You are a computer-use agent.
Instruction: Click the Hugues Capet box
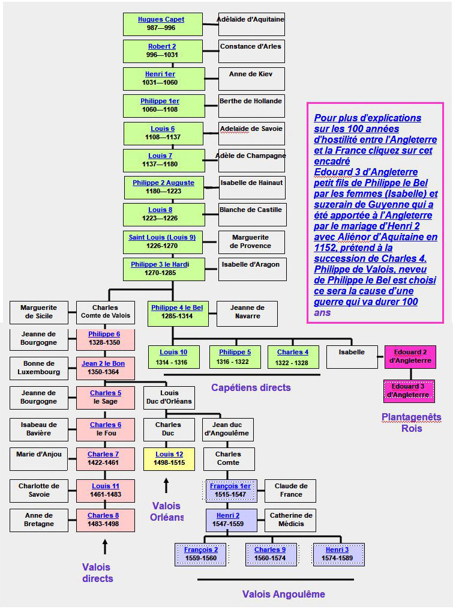tap(161, 24)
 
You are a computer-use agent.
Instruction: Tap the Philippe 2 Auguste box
tap(163, 187)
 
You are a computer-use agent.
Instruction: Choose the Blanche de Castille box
tap(251, 214)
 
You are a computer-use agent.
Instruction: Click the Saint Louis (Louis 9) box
tap(162, 241)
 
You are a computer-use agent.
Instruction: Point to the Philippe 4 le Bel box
tap(177, 312)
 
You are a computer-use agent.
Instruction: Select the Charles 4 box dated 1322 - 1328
tap(293, 357)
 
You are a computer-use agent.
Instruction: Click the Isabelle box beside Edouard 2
tap(352, 357)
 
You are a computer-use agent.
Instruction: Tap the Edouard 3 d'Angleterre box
tap(409, 391)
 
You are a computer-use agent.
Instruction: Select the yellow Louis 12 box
tap(169, 459)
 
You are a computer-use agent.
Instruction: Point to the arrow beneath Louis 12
tap(166, 485)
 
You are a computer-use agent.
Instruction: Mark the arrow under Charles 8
tap(105, 546)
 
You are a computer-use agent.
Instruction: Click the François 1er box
tap(231, 491)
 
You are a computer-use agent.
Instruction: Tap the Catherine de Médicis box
tap(290, 520)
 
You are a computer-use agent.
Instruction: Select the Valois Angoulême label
tap(283, 595)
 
